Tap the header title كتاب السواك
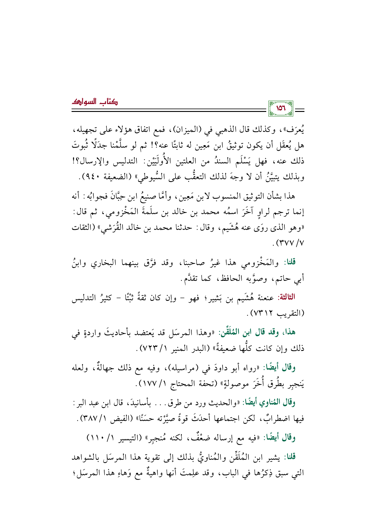point(95,102)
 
